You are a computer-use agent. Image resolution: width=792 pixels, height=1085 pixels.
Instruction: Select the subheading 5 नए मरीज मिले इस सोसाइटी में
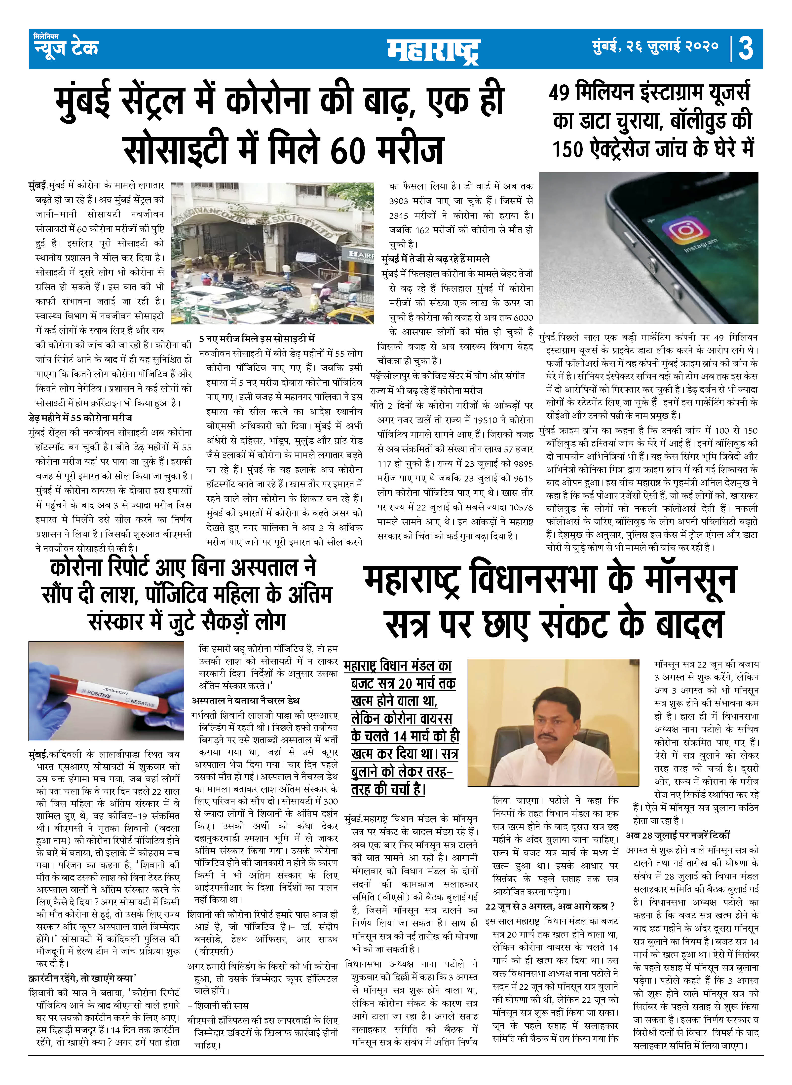[257, 338]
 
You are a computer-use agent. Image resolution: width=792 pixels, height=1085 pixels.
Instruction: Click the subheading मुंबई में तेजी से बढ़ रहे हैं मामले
[435, 259]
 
